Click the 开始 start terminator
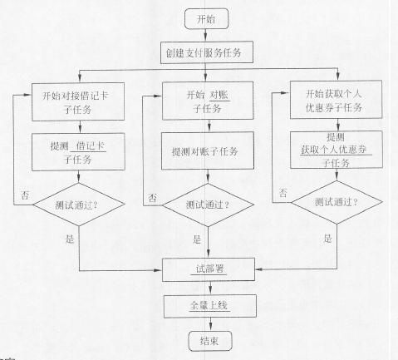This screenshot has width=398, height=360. click(x=207, y=18)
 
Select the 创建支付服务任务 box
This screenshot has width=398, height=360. click(x=207, y=52)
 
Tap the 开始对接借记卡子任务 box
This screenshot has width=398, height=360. click(x=78, y=101)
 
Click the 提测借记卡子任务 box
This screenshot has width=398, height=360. click(x=78, y=152)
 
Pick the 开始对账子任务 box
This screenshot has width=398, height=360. click(x=208, y=101)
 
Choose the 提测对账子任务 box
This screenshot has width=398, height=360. click(x=208, y=150)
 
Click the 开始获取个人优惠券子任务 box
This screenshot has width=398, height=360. click(x=336, y=100)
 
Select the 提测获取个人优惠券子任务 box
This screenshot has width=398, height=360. click(x=337, y=150)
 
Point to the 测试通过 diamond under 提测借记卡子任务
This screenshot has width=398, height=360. click(x=79, y=205)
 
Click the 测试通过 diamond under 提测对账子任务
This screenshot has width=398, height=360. click(x=208, y=205)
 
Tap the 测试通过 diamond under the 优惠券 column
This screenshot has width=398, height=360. click(x=337, y=202)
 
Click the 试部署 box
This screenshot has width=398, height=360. click(x=209, y=269)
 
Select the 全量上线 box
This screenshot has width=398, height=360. click(x=210, y=306)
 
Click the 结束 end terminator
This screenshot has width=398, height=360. click(x=210, y=341)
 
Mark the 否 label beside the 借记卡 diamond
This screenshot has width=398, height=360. click(x=25, y=195)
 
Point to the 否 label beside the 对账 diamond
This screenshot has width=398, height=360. click(x=152, y=198)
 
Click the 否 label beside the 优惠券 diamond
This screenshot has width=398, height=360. click(x=283, y=193)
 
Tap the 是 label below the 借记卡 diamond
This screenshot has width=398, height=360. click(x=70, y=239)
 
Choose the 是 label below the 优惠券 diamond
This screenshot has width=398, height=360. click(x=328, y=238)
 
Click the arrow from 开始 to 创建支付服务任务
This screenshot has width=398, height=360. click(x=205, y=35)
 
